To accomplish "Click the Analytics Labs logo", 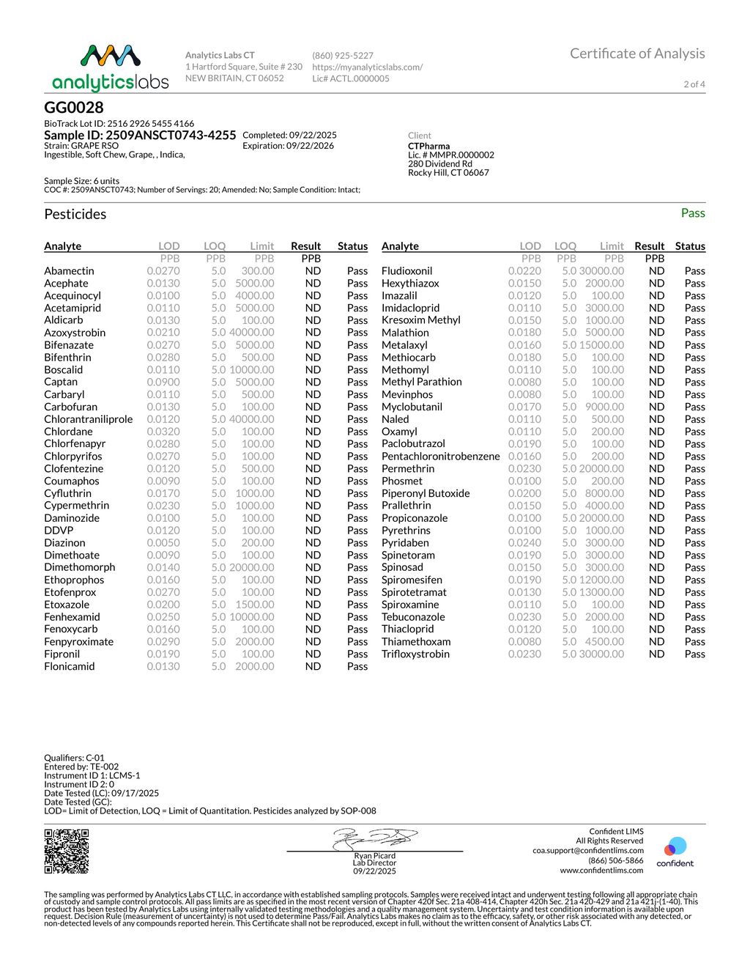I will pyautogui.click(x=111, y=67).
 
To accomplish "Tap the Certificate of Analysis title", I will pyautogui.click(x=637, y=53).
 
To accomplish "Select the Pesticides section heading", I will pyautogui.click(x=75, y=214).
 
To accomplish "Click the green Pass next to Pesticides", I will pyautogui.click(x=692, y=213).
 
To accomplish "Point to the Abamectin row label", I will pyautogui.click(x=69, y=271).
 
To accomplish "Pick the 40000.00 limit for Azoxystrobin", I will pyautogui.click(x=251, y=333).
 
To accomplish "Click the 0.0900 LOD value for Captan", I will pyautogui.click(x=163, y=382).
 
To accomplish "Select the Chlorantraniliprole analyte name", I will pyautogui.click(x=89, y=419).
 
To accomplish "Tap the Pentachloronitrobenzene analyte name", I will pyautogui.click(x=440, y=456).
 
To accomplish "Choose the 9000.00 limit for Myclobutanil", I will pyautogui.click(x=604, y=407).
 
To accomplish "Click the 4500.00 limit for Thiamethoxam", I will pyautogui.click(x=604, y=641).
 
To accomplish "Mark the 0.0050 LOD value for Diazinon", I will pyautogui.click(x=163, y=543).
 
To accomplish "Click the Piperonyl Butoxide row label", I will pyautogui.click(x=426, y=493).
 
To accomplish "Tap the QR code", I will pyautogui.click(x=67, y=852).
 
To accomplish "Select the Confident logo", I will pyautogui.click(x=675, y=852).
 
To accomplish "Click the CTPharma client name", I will pyautogui.click(x=429, y=146).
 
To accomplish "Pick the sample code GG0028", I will pyautogui.click(x=74, y=108).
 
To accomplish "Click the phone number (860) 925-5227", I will pyautogui.click(x=343, y=56).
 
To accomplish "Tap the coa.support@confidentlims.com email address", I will pyautogui.click(x=588, y=851).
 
